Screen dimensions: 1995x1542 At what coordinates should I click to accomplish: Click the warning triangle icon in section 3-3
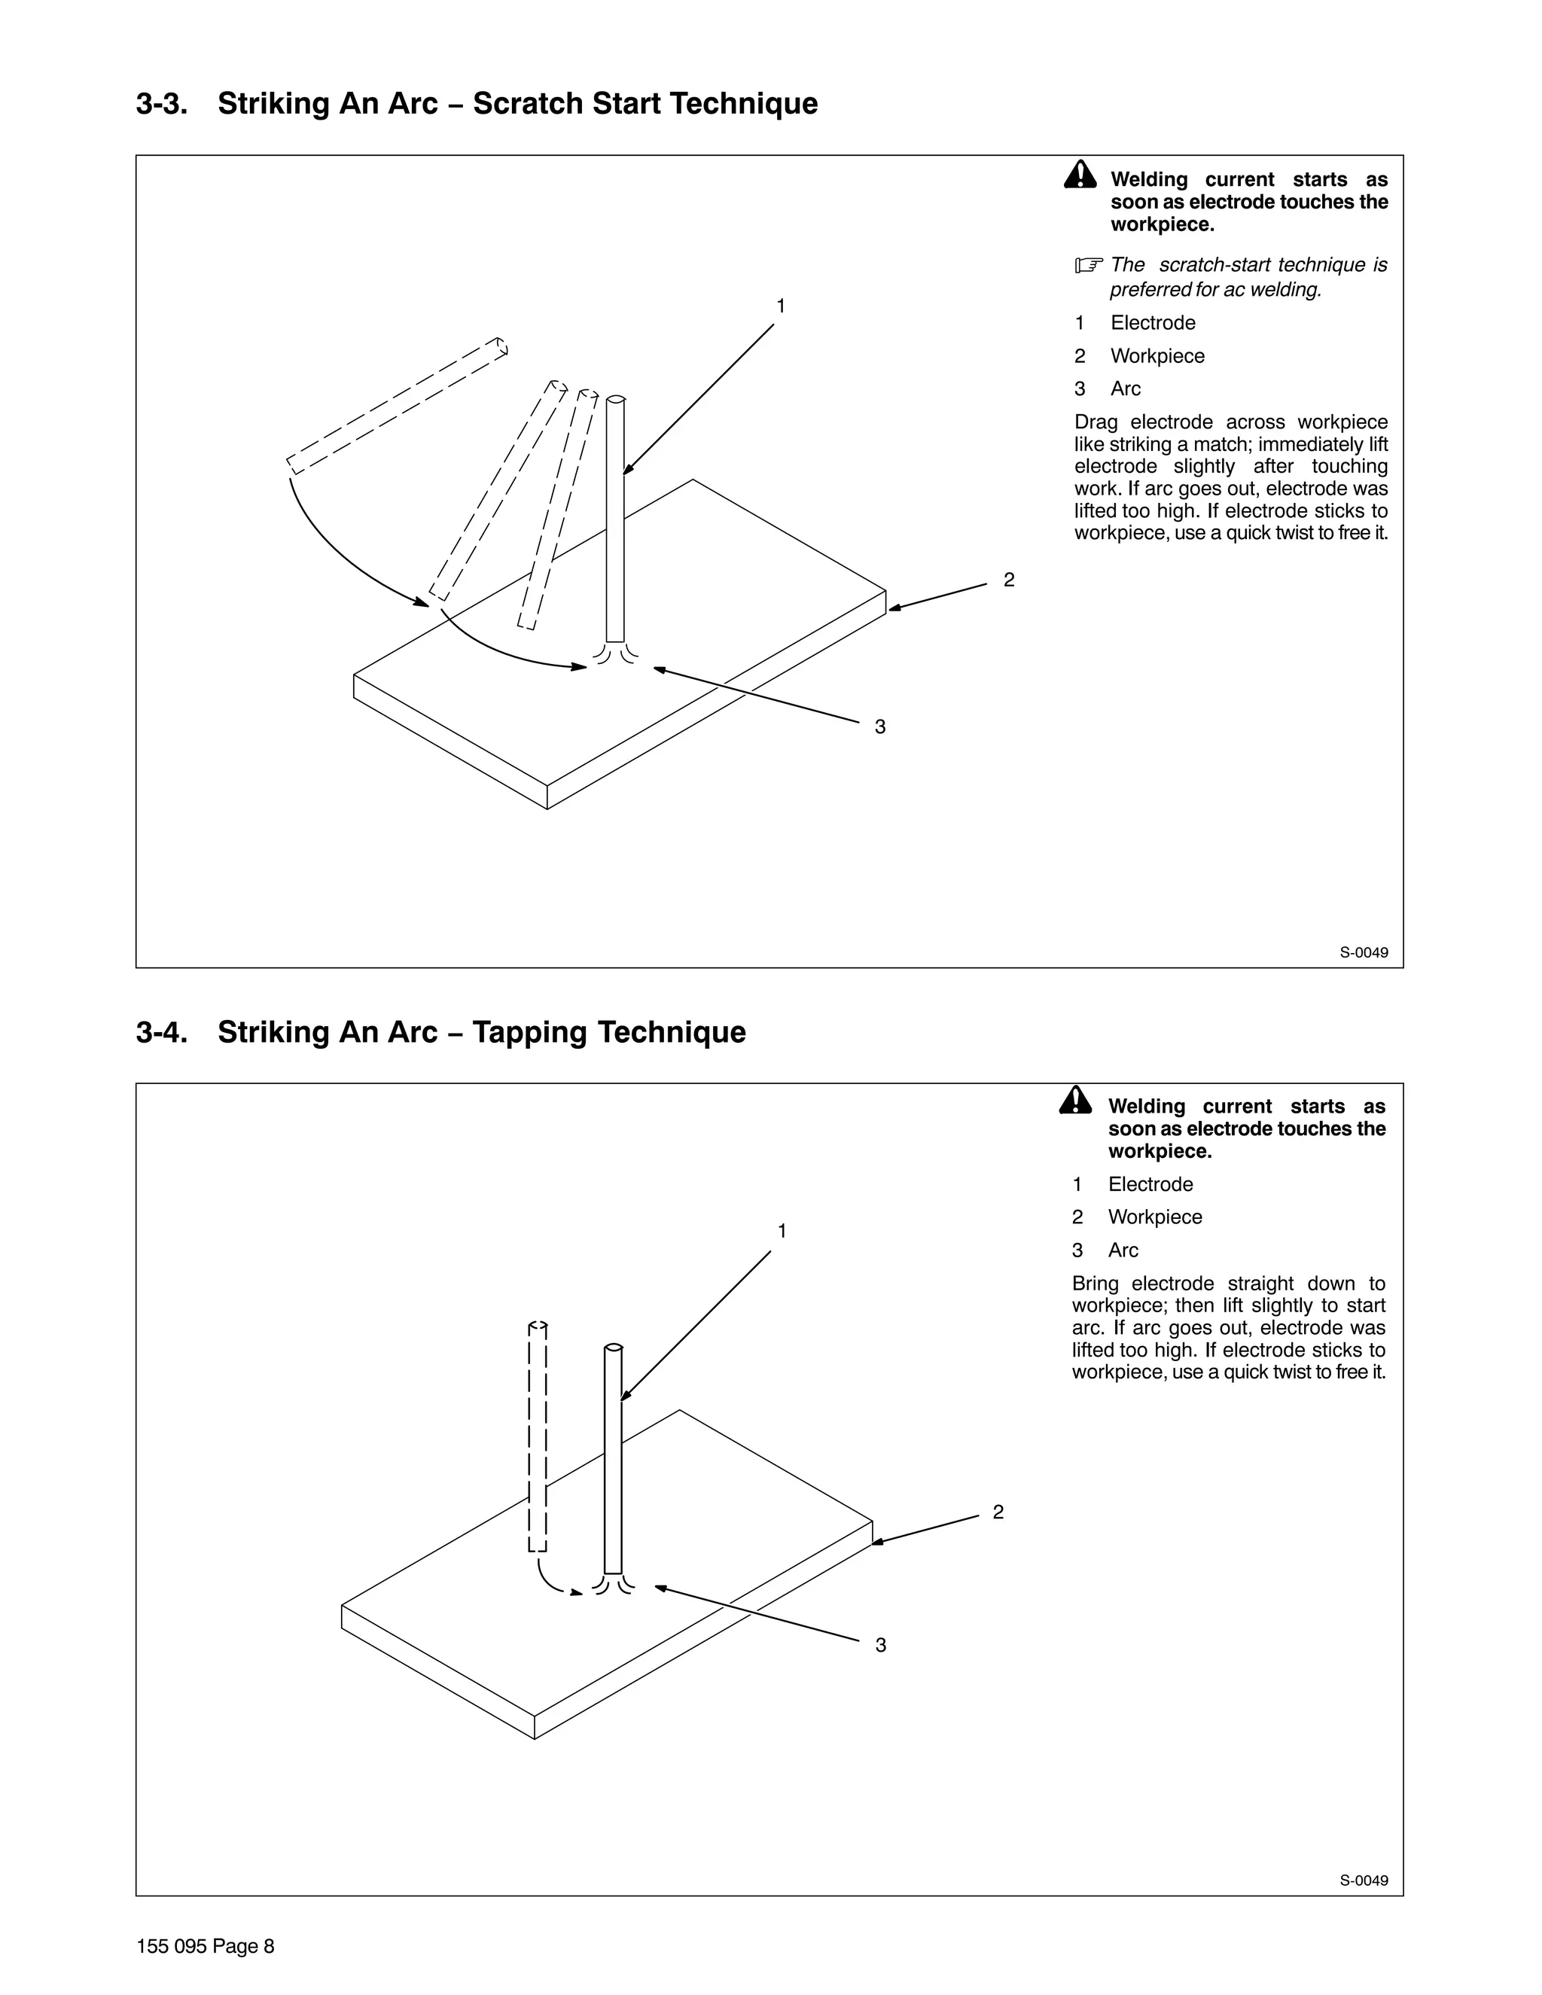click(1080, 175)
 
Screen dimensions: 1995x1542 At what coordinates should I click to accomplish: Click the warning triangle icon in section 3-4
click(1075, 1101)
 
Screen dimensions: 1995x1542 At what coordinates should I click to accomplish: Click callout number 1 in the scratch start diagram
click(780, 306)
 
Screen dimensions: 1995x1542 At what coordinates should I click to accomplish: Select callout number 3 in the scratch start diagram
click(879, 727)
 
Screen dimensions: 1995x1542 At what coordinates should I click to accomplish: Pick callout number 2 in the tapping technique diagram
click(998, 1512)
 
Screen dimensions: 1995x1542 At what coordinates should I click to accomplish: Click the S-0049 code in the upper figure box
click(1363, 953)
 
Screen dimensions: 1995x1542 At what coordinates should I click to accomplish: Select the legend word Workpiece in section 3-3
click(1156, 356)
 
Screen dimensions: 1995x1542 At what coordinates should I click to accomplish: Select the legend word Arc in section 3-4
click(1123, 1250)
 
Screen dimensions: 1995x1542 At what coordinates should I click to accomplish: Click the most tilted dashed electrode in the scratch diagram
click(397, 406)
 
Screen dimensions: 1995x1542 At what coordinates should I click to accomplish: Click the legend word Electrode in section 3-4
click(1150, 1185)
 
